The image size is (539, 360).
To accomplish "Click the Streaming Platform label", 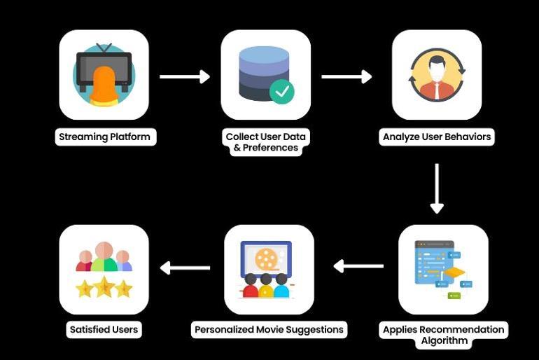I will click(x=104, y=137).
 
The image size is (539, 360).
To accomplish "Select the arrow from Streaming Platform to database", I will click(x=185, y=76).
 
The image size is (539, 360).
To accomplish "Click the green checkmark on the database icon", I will click(x=282, y=91).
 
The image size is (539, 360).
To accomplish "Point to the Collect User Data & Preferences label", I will click(x=265, y=141).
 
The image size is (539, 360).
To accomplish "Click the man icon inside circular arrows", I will click(x=437, y=74).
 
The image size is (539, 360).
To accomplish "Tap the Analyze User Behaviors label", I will click(x=437, y=137).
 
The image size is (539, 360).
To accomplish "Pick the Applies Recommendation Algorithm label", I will click(x=443, y=335).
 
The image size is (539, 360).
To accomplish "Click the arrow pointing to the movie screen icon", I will click(x=358, y=266).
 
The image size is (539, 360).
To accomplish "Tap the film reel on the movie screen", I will click(x=266, y=259).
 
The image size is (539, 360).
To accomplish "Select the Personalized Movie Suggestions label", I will click(x=269, y=329).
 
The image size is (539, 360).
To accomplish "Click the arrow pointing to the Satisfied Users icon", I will click(x=185, y=267).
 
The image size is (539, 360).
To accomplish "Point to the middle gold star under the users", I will click(x=104, y=286).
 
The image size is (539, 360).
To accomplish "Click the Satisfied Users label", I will click(x=104, y=329).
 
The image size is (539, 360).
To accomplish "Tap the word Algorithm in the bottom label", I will click(x=443, y=341).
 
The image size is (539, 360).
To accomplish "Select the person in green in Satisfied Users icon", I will click(x=104, y=258).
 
